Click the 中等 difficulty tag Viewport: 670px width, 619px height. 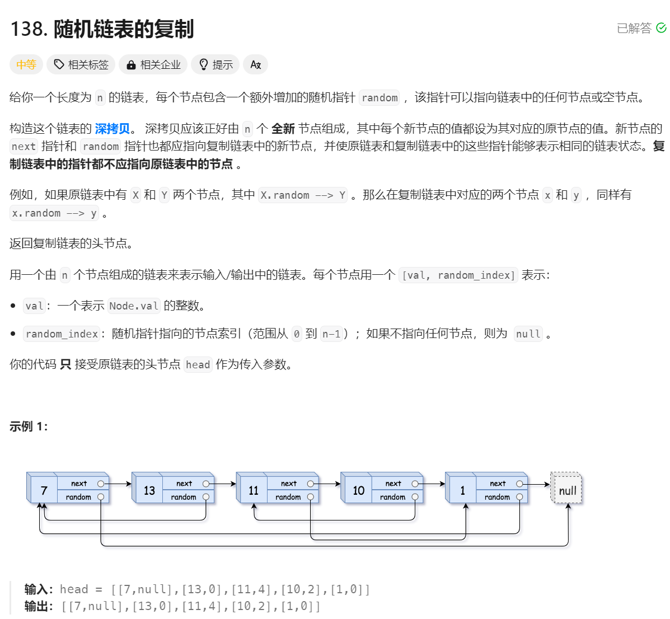[x=26, y=65]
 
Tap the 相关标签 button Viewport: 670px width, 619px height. [x=81, y=65]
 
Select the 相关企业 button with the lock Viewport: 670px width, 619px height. [x=153, y=65]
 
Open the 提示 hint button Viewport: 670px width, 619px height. [x=215, y=65]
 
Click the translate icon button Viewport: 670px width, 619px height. [x=256, y=65]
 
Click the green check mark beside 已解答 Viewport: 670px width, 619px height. [x=661, y=28]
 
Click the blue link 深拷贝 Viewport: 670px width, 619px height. [x=112, y=129]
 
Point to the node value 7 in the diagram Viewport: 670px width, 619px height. [x=44, y=491]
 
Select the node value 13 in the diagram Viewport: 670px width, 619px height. [x=149, y=491]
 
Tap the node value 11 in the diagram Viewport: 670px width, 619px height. [x=254, y=491]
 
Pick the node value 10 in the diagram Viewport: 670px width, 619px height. [x=358, y=491]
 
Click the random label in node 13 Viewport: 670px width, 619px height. [x=184, y=497]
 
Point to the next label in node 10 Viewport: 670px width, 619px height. [x=393, y=484]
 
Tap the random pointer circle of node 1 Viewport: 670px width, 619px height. [x=519, y=497]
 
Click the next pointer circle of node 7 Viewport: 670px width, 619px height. [x=101, y=484]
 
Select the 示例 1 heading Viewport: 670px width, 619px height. [x=29, y=426]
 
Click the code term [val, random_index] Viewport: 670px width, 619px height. [x=458, y=275]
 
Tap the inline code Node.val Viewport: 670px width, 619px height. [x=134, y=306]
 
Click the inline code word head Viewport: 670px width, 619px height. [x=198, y=365]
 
